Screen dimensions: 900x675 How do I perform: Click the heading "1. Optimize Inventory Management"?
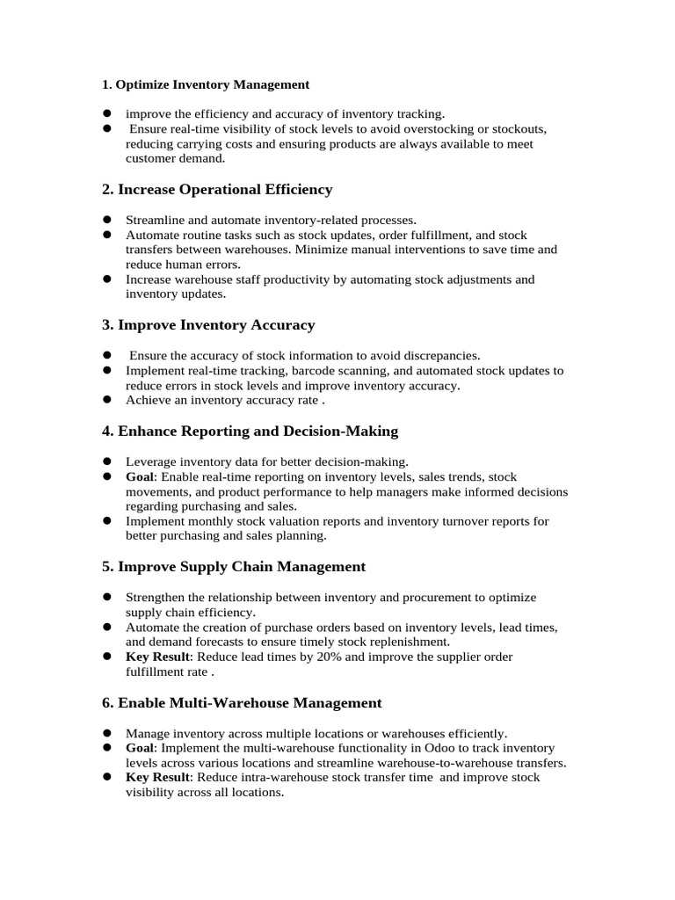pyautogui.click(x=206, y=84)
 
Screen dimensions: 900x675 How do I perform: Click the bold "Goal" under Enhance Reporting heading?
pyautogui.click(x=141, y=476)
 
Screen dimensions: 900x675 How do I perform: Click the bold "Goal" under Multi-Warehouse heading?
pyautogui.click(x=141, y=748)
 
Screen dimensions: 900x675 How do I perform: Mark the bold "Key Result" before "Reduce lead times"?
pyautogui.click(x=157, y=657)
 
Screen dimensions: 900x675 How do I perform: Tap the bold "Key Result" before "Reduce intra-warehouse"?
pyautogui.click(x=157, y=778)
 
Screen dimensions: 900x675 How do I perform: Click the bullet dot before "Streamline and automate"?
pyautogui.click(x=106, y=220)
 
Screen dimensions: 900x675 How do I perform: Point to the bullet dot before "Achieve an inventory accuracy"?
pyautogui.click(x=106, y=400)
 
